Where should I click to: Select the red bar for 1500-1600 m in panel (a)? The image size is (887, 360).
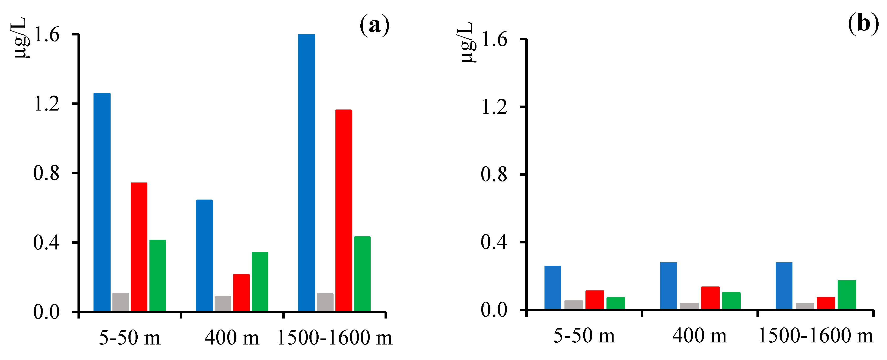point(344,210)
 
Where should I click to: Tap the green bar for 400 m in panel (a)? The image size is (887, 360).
point(260,281)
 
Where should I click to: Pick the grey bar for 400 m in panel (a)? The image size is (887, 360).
point(223,304)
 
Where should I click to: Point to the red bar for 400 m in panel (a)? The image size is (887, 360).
point(241,293)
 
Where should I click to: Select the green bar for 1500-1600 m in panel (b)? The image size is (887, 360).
point(847,295)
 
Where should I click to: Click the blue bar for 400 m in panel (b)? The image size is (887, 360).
point(668,286)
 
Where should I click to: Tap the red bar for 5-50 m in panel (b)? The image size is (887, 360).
point(595,300)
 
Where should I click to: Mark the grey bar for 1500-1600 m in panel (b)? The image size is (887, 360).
point(805,306)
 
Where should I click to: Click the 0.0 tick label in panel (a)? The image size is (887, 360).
point(46,312)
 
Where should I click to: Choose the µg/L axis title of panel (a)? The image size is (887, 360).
point(21,38)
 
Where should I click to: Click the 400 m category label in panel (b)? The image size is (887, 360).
point(699,336)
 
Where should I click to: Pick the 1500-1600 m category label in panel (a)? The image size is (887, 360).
point(334,338)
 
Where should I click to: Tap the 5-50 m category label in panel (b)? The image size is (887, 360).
point(584,336)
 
